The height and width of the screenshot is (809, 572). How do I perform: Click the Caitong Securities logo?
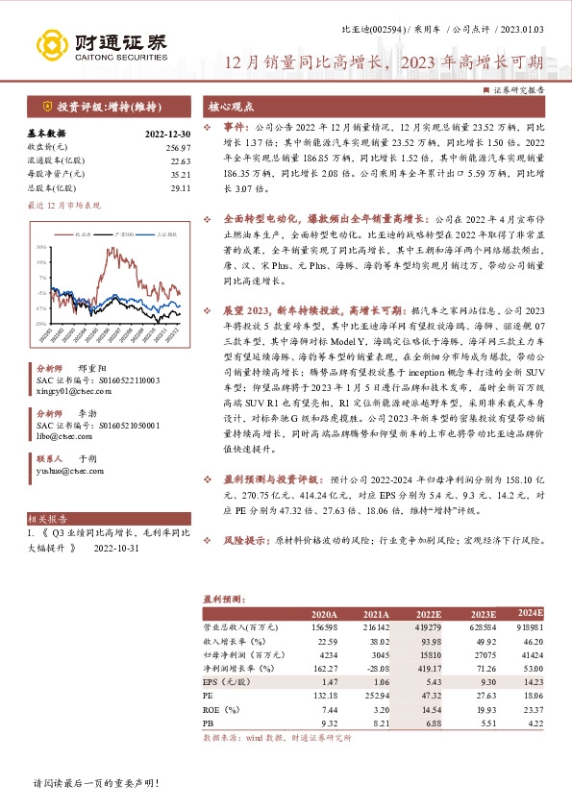pos(102,43)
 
